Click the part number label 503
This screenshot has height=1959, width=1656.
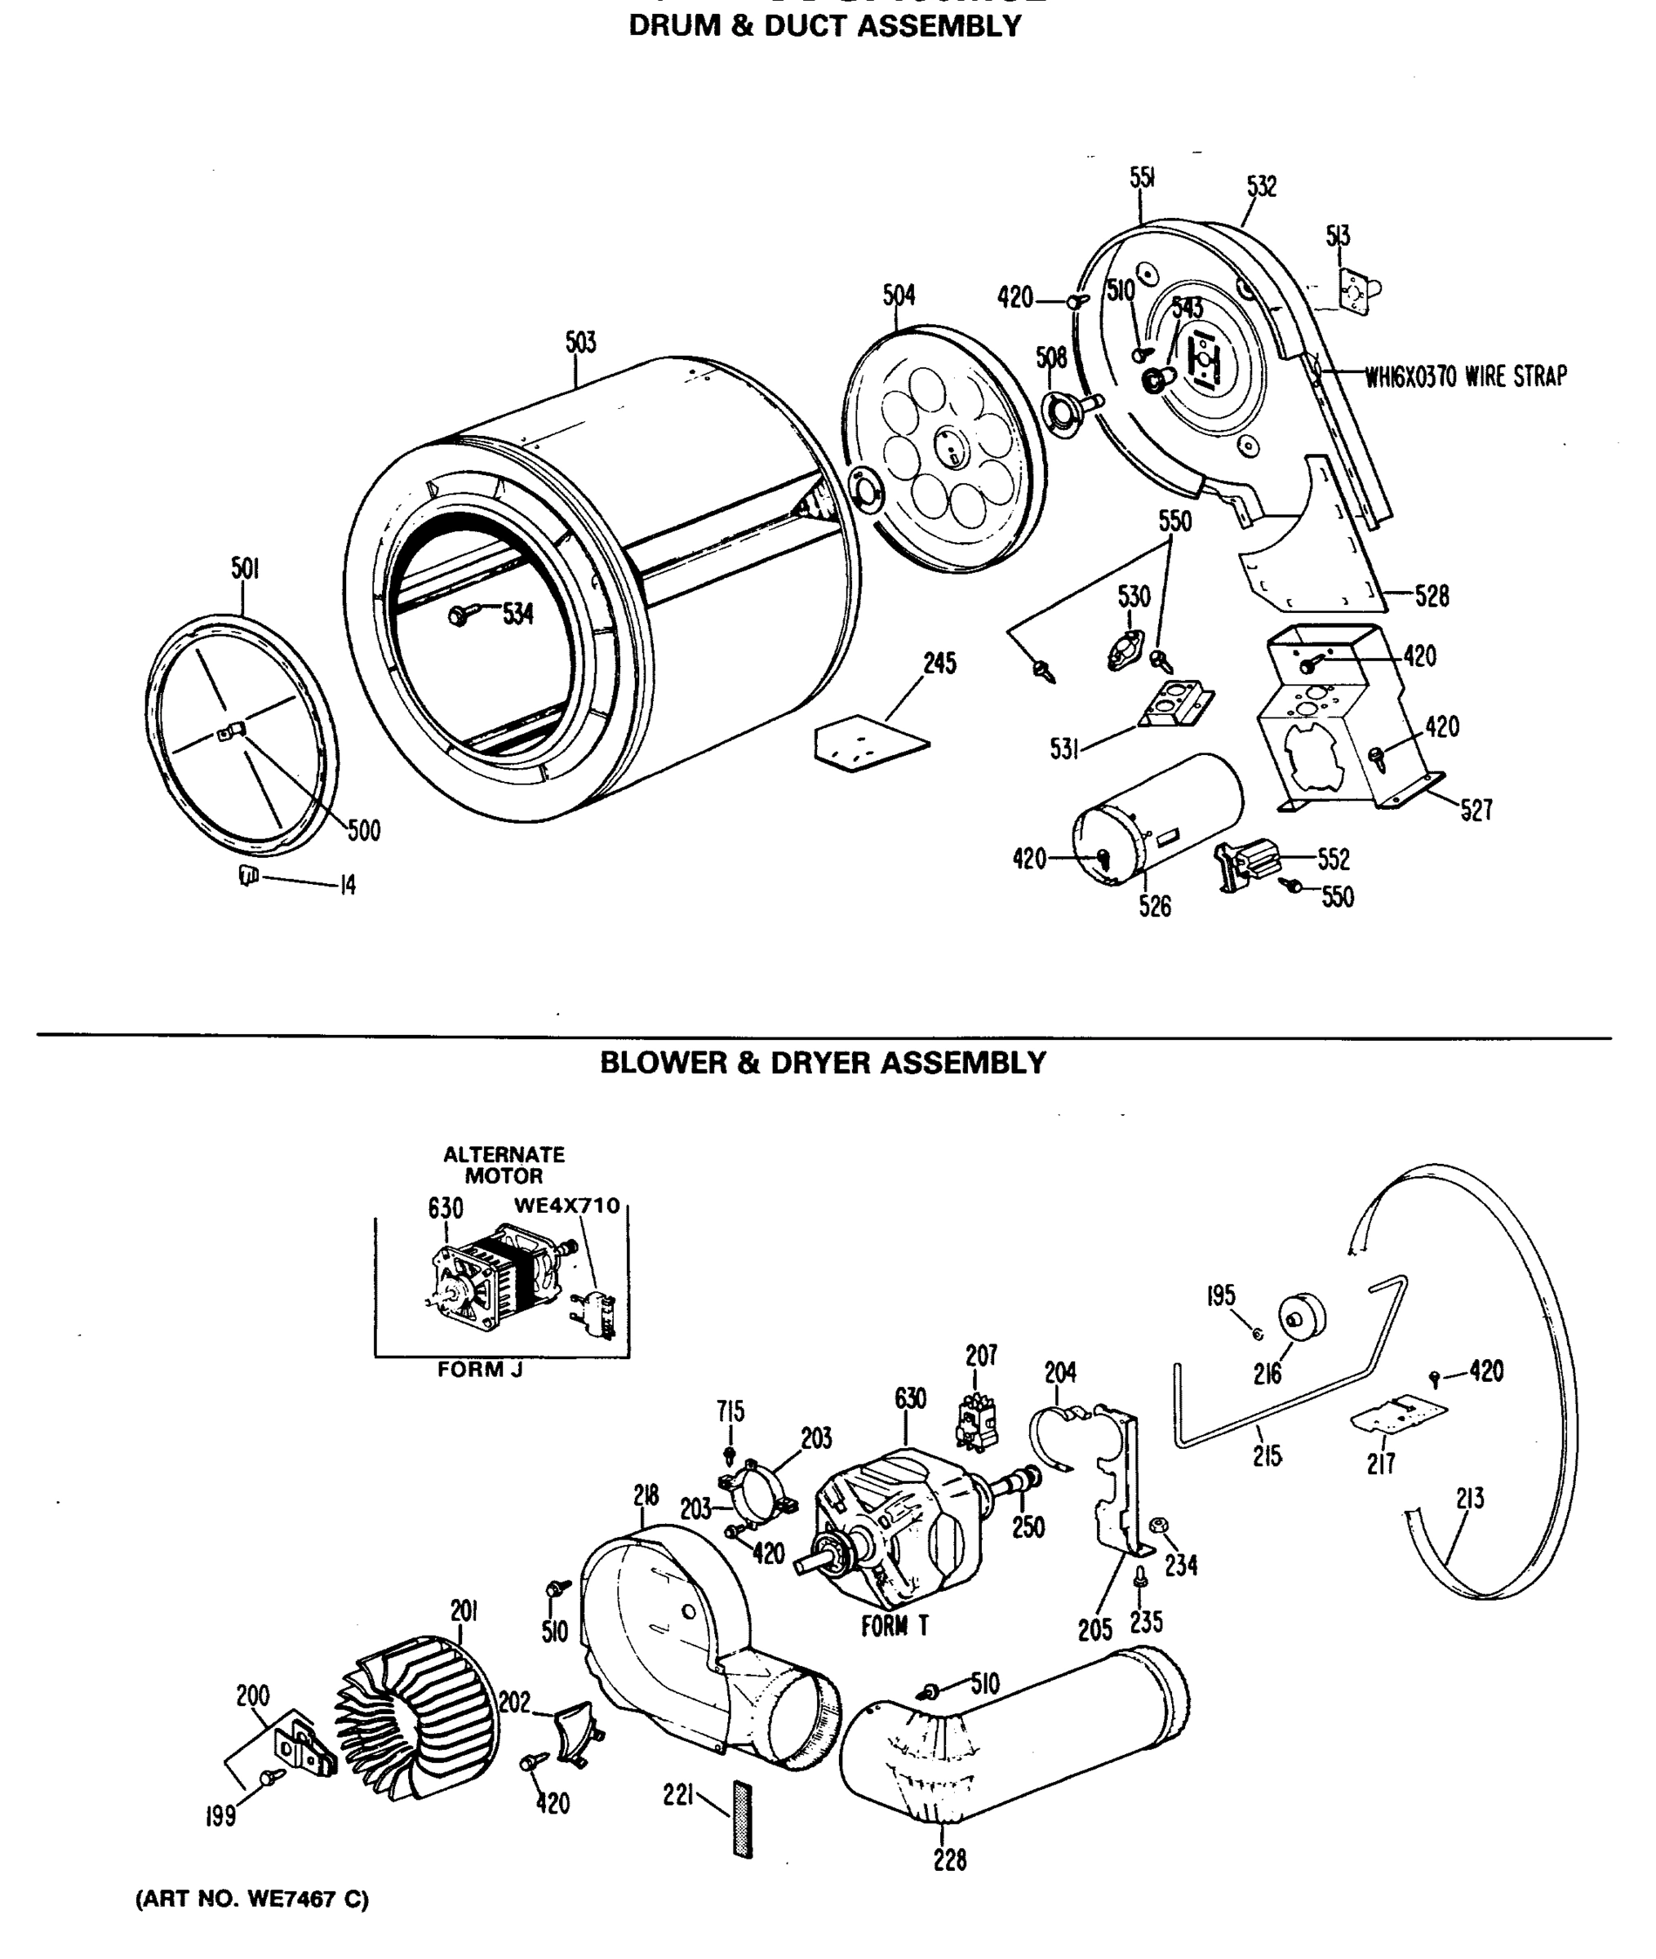580,343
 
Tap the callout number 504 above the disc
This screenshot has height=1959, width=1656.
899,295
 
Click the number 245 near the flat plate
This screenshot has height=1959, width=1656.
939,664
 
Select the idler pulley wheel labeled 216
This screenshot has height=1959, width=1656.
1300,1316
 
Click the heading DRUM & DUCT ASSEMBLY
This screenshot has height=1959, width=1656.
824,26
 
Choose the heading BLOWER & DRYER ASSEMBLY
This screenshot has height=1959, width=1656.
823,1063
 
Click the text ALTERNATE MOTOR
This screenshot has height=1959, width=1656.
504,1165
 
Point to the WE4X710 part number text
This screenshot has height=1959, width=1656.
567,1206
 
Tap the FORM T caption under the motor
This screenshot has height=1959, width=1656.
895,1626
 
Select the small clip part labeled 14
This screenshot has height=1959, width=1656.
247,876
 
